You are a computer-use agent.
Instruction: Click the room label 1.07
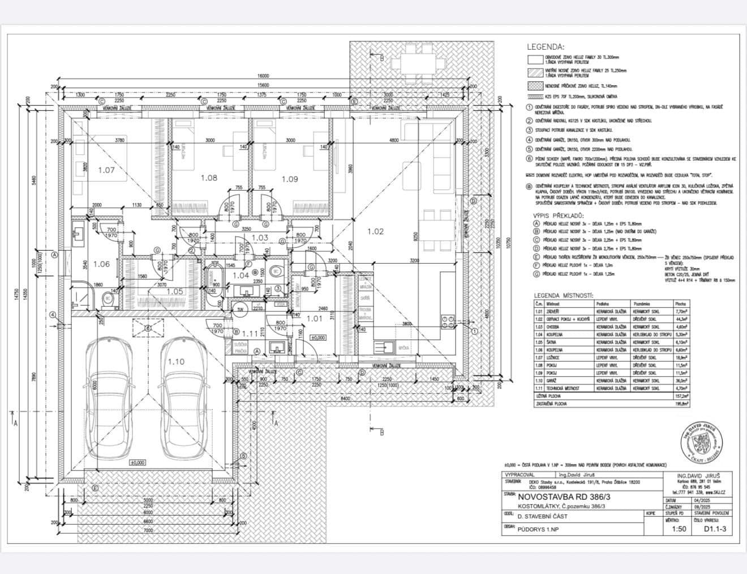pos(106,170)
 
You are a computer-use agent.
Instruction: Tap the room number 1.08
pos(208,178)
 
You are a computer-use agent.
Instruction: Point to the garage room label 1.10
pos(175,361)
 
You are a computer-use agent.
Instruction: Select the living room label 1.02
pos(375,231)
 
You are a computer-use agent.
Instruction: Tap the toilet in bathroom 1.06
pos(108,298)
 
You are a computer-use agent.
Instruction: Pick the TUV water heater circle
pos(240,309)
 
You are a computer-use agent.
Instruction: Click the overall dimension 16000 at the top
pos(263,75)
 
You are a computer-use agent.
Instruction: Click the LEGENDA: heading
pos(546,47)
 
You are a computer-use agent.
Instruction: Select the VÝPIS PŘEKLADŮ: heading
pos(559,216)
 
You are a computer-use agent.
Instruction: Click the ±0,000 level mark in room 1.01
pos(318,337)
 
